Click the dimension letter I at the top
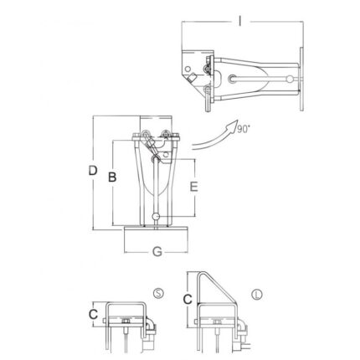(x=240, y=21)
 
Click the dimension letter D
(x=93, y=170)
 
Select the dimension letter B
(x=112, y=177)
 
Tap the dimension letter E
(x=194, y=187)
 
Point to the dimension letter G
(x=157, y=252)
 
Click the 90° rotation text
(x=244, y=129)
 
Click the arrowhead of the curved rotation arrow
(x=233, y=126)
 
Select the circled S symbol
(x=158, y=293)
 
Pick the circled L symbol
(x=257, y=295)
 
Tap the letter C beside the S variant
(x=93, y=315)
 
